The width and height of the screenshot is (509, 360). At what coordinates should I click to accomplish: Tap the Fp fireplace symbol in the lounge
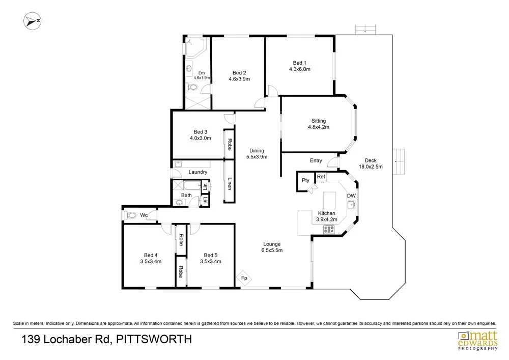pyautogui.click(x=244, y=278)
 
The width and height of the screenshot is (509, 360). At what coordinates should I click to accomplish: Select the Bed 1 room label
pyautogui.click(x=299, y=63)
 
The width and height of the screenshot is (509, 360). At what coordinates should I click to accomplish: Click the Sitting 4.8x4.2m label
pyautogui.click(x=319, y=124)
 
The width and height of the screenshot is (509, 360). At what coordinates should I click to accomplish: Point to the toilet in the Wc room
pyautogui.click(x=130, y=215)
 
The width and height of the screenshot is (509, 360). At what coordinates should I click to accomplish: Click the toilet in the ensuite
pyautogui.click(x=192, y=87)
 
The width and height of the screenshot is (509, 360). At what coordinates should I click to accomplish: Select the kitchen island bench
pyautogui.click(x=329, y=200)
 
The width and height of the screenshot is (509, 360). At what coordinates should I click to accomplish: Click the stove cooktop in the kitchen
pyautogui.click(x=329, y=230)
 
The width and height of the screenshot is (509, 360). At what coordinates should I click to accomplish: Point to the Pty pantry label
pyautogui.click(x=305, y=180)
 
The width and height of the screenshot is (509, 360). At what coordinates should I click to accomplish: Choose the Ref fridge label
pyautogui.click(x=321, y=177)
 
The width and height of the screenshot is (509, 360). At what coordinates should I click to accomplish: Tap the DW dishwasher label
pyautogui.click(x=351, y=196)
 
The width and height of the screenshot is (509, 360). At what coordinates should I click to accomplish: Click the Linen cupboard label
pyautogui.click(x=230, y=183)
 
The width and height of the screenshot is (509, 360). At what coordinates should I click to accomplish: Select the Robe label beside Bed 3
pyautogui.click(x=230, y=145)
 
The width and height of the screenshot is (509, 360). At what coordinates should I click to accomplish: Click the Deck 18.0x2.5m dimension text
pyautogui.click(x=371, y=167)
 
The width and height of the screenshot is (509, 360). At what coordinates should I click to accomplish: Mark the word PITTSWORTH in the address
pyautogui.click(x=154, y=339)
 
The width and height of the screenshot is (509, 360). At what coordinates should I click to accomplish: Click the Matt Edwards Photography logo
pyautogui.click(x=477, y=340)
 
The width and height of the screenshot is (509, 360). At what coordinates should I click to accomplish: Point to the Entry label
pyautogui.click(x=316, y=160)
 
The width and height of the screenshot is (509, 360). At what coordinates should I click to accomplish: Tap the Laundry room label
pyautogui.click(x=197, y=172)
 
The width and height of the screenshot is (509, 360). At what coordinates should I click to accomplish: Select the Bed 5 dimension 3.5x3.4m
pyautogui.click(x=211, y=261)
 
